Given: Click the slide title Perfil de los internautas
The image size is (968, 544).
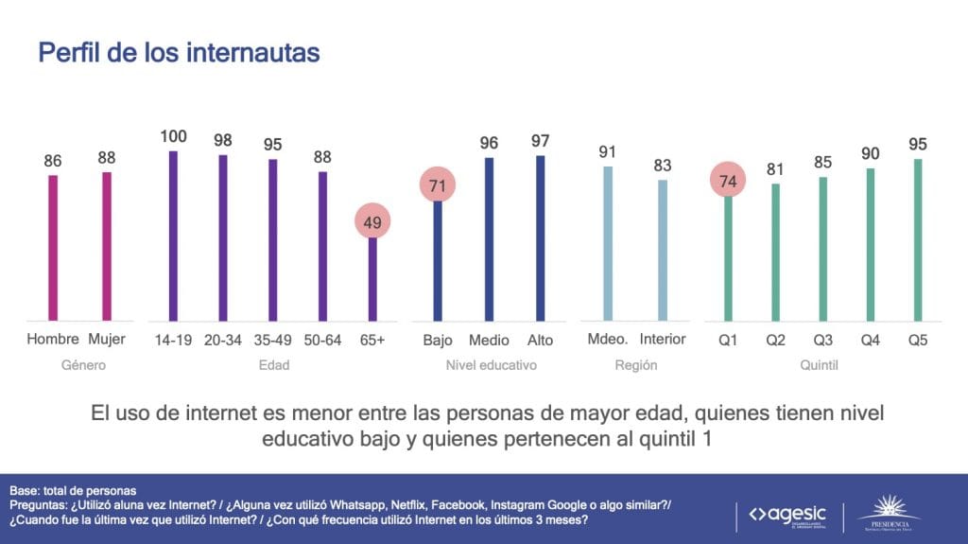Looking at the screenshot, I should click(179, 52).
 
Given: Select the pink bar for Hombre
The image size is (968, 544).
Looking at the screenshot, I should click(53, 248).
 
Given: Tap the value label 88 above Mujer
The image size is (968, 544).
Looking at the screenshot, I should click(106, 158).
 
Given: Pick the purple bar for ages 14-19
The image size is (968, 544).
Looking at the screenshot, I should click(173, 236).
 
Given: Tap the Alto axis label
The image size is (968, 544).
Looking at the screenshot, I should click(541, 340).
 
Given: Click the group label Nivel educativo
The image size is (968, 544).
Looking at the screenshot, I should click(491, 364).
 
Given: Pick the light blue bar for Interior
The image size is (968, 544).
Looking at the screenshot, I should click(663, 250).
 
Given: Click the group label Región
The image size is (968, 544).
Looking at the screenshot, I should click(635, 364).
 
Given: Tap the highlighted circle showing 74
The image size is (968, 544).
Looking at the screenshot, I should click(728, 180).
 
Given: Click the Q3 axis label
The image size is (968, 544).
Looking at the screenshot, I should click(823, 340).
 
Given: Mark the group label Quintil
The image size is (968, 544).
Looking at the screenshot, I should click(821, 364).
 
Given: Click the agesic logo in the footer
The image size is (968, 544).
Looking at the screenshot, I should click(786, 516).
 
